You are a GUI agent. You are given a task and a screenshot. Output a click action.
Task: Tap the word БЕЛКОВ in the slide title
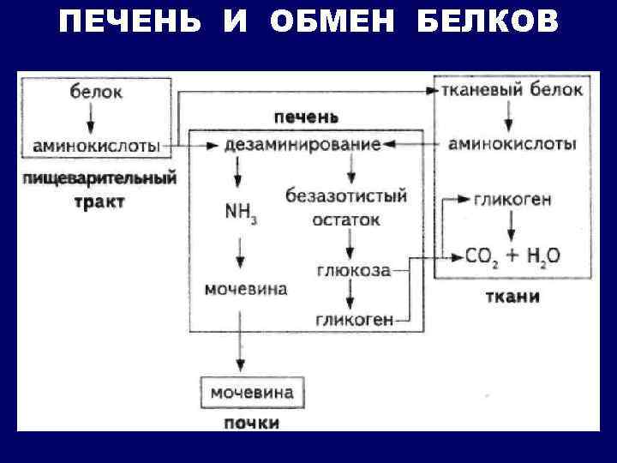tap(488, 22)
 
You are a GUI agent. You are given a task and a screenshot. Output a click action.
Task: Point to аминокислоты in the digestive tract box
tap(96, 146)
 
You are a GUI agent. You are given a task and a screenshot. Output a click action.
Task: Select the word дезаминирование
tap(303, 145)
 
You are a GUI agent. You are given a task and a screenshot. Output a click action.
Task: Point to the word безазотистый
tap(346, 195)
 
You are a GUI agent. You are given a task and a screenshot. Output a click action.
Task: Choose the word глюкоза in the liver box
tap(354, 271)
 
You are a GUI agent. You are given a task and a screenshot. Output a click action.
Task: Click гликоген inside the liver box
tap(354, 319)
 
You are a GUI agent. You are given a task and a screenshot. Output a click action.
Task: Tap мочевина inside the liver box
tap(246, 289)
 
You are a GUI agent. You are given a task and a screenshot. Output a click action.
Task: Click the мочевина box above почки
tap(252, 393)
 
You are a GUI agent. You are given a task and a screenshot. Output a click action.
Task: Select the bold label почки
tap(252, 423)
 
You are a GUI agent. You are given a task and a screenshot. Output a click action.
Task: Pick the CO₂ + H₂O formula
tap(512, 256)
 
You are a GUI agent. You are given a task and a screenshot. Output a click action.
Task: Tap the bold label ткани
tap(512, 298)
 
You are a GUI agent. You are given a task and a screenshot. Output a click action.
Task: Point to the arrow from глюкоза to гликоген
tap(350, 296)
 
